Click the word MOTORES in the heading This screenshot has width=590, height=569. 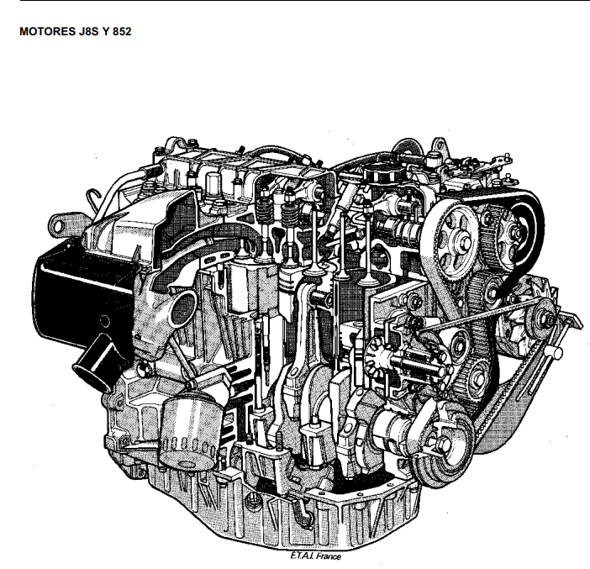tap(48, 32)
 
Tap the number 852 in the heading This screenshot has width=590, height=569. tap(122, 32)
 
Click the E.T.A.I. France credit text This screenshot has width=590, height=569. tap(315, 556)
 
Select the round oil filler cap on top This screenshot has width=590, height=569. tap(383, 173)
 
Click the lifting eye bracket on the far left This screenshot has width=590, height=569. tap(61, 226)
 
